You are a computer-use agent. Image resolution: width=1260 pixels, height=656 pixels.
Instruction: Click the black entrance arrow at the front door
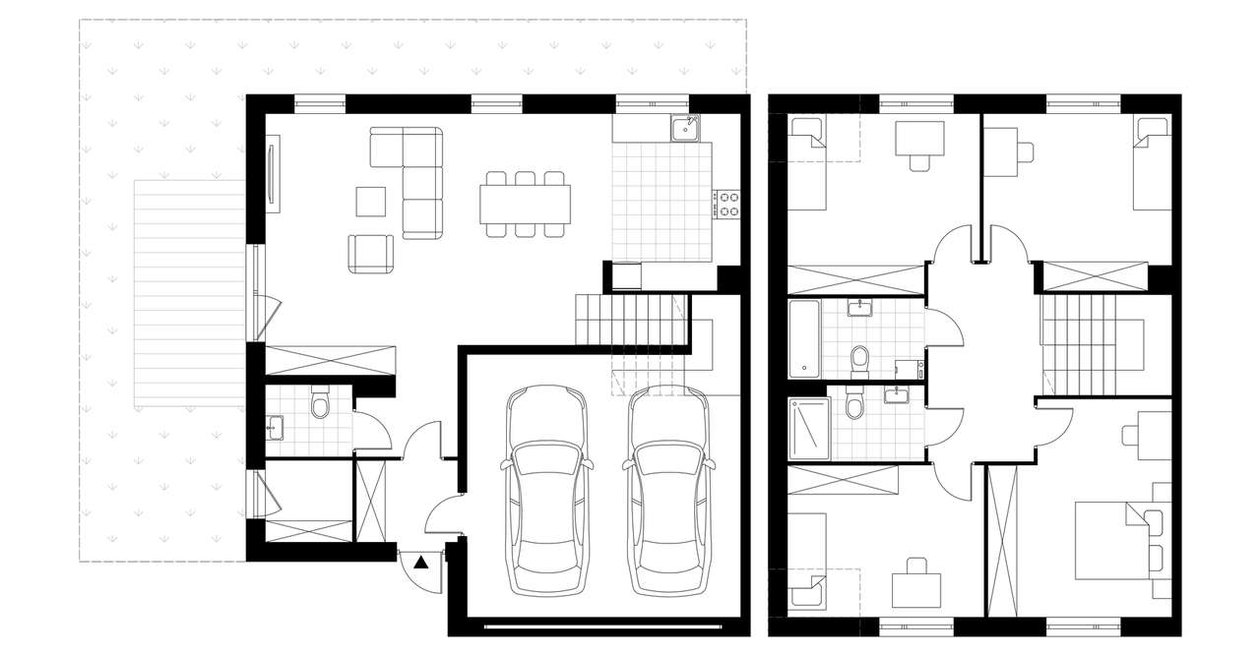tap(420, 564)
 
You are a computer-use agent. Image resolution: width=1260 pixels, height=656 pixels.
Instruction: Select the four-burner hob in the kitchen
tap(728, 204)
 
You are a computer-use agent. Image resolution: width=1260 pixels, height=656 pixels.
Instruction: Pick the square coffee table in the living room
tap(372, 202)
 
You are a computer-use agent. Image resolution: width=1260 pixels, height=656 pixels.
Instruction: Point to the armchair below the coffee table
tap(369, 253)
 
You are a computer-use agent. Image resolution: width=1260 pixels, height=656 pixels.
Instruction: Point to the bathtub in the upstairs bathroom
tap(802, 339)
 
